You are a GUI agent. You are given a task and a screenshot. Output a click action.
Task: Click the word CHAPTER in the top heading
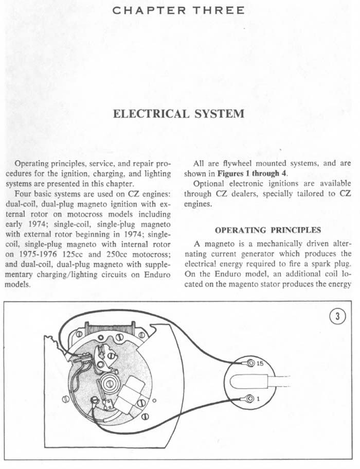(x=143, y=10)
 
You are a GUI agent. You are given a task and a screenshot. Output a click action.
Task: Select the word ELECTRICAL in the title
(x=148, y=114)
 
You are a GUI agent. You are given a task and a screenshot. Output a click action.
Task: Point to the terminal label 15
(x=260, y=364)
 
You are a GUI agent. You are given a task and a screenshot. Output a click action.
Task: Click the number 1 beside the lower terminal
(x=257, y=398)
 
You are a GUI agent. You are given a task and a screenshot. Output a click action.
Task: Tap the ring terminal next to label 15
(x=249, y=364)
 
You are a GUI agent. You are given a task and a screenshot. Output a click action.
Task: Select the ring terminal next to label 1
(x=249, y=398)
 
